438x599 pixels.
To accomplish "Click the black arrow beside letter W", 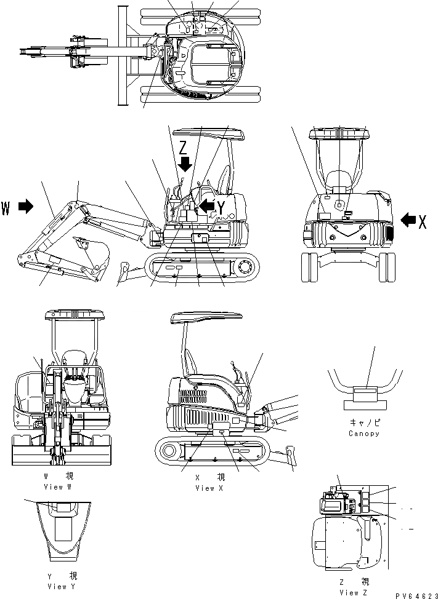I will [x=26, y=208].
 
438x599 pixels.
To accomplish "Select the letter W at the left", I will [x=6, y=208].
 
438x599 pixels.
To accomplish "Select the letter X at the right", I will [x=423, y=221].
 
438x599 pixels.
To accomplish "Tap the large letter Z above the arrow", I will [x=183, y=148].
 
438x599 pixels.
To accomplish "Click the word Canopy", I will [x=363, y=433].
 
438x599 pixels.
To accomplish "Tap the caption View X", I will [x=209, y=488].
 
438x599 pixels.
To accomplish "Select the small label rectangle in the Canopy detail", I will [x=365, y=391].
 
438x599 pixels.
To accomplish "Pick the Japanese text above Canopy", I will [x=363, y=423].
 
